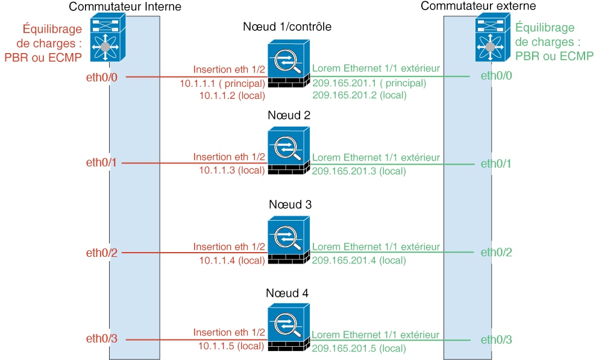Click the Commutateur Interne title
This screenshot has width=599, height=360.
tap(125, 7)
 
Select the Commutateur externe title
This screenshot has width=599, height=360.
tap(478, 6)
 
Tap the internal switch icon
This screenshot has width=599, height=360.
tap(108, 37)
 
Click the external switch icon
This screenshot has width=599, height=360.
tap(493, 37)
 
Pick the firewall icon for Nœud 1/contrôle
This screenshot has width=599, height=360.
tap(289, 63)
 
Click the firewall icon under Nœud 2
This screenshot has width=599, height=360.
tap(289, 151)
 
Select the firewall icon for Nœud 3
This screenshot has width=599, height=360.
tap(289, 240)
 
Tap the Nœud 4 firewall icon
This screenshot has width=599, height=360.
tap(289, 327)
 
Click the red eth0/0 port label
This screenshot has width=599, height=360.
tap(102, 77)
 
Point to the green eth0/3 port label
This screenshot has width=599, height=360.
tap(496, 339)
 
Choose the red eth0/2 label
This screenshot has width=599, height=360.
tap(102, 253)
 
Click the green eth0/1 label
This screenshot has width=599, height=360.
tap(496, 163)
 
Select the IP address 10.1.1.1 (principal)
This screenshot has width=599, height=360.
tap(222, 83)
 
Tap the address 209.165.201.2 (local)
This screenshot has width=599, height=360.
tap(360, 95)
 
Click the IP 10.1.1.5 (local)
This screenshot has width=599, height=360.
tap(231, 346)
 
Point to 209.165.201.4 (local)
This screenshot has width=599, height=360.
tap(359, 261)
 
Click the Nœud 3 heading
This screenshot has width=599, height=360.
tap(290, 204)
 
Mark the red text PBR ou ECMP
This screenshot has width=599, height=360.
tap(43, 57)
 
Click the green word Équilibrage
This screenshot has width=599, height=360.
tap(545, 28)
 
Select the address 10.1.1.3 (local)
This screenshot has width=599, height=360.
tap(232, 170)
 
